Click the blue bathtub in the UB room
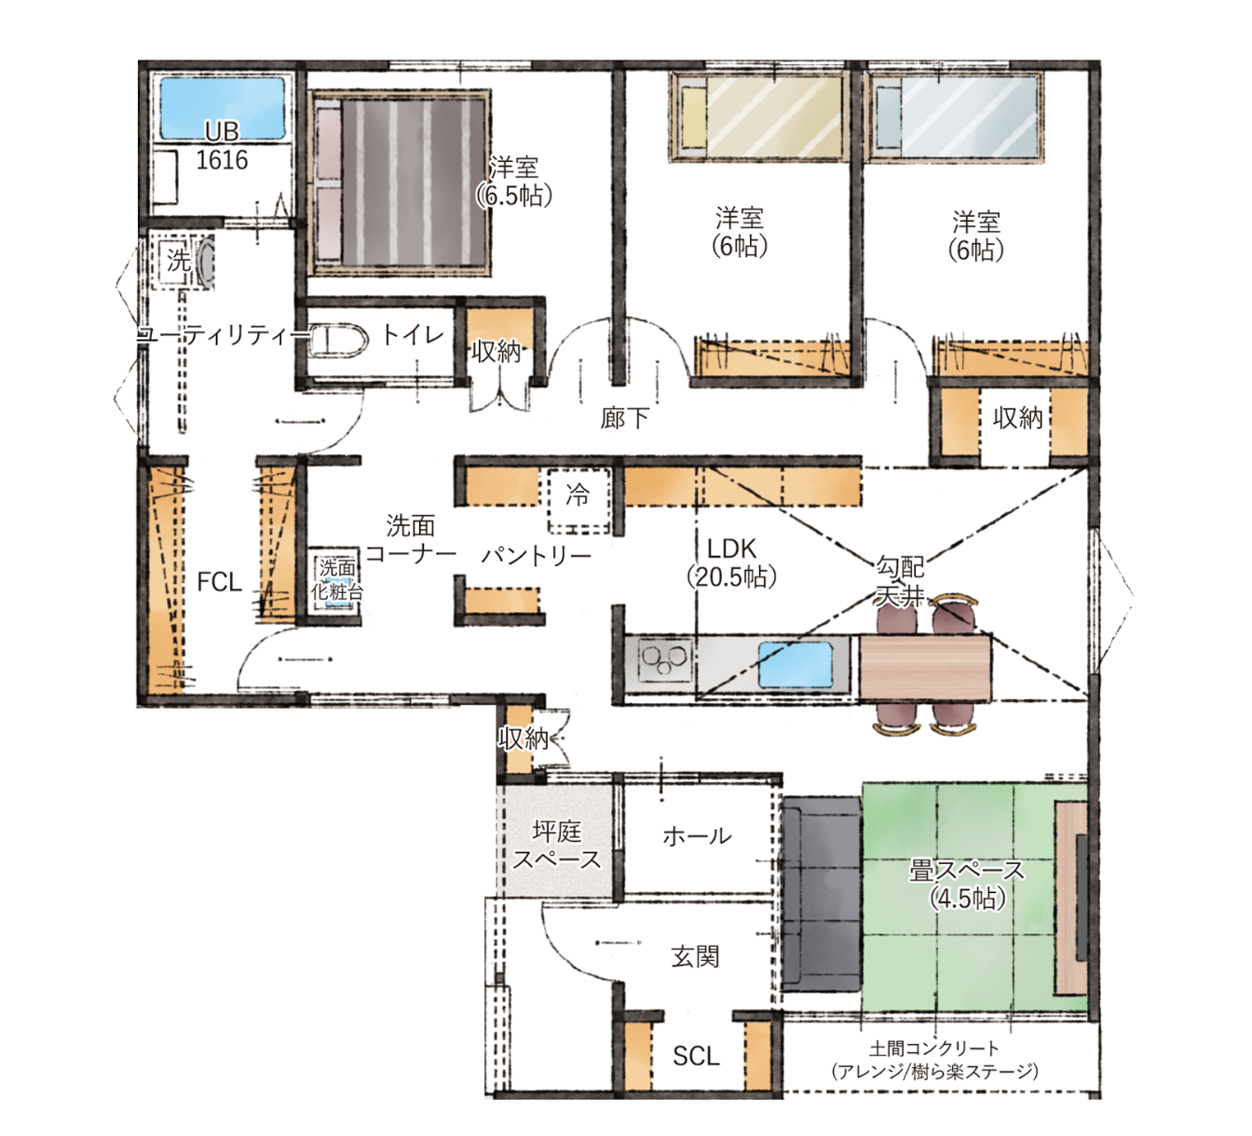click(x=223, y=107)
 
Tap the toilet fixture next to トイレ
click(x=337, y=340)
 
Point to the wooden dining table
click(x=925, y=668)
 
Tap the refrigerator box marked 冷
click(x=578, y=500)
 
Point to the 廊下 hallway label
click(x=624, y=418)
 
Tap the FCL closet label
click(x=219, y=582)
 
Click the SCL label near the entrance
click(x=696, y=1056)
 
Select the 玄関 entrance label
click(x=695, y=956)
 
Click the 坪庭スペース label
click(x=556, y=845)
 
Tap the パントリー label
click(x=537, y=555)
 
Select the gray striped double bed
click(x=400, y=183)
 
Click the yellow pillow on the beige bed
click(x=693, y=117)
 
